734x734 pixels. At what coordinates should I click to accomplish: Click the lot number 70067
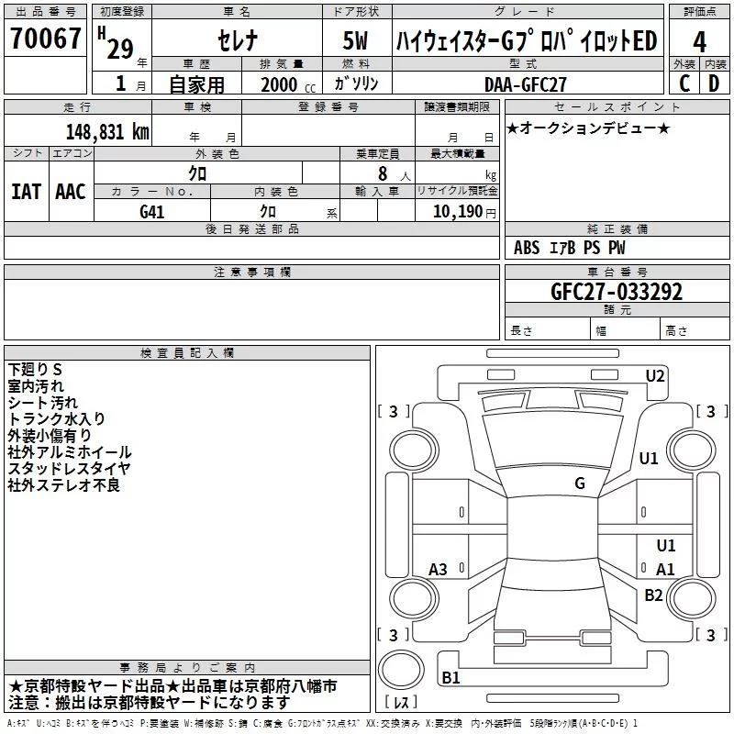[x=45, y=38]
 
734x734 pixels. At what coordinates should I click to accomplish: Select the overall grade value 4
[x=699, y=42]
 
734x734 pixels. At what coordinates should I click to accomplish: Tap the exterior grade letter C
[x=684, y=83]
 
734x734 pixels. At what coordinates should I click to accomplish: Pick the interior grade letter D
[x=714, y=83]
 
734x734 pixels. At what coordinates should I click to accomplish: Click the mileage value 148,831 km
[x=107, y=132]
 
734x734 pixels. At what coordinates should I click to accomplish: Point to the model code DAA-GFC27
[x=525, y=84]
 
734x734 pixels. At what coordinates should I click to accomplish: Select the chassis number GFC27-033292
[x=617, y=291]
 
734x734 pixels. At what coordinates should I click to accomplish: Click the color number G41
[x=152, y=212]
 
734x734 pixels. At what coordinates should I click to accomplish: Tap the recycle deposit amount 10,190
[x=458, y=212]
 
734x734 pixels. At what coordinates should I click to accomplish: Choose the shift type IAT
[x=26, y=192]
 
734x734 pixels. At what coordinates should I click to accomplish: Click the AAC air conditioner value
[x=71, y=192]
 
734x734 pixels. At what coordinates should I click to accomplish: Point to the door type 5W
[x=355, y=40]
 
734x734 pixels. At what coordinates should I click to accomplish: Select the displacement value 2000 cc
[x=288, y=84]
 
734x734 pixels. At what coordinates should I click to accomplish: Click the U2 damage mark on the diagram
[x=655, y=376]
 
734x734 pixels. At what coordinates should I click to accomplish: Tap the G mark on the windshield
[x=580, y=484]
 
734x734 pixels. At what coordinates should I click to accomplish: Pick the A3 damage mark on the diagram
[x=438, y=570]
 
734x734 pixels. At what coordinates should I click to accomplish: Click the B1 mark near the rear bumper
[x=450, y=677]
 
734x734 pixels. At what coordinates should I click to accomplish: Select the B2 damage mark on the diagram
[x=653, y=595]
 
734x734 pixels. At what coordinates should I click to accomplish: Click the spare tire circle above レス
[x=401, y=670]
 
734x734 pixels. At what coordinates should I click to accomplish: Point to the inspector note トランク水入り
[x=56, y=418]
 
